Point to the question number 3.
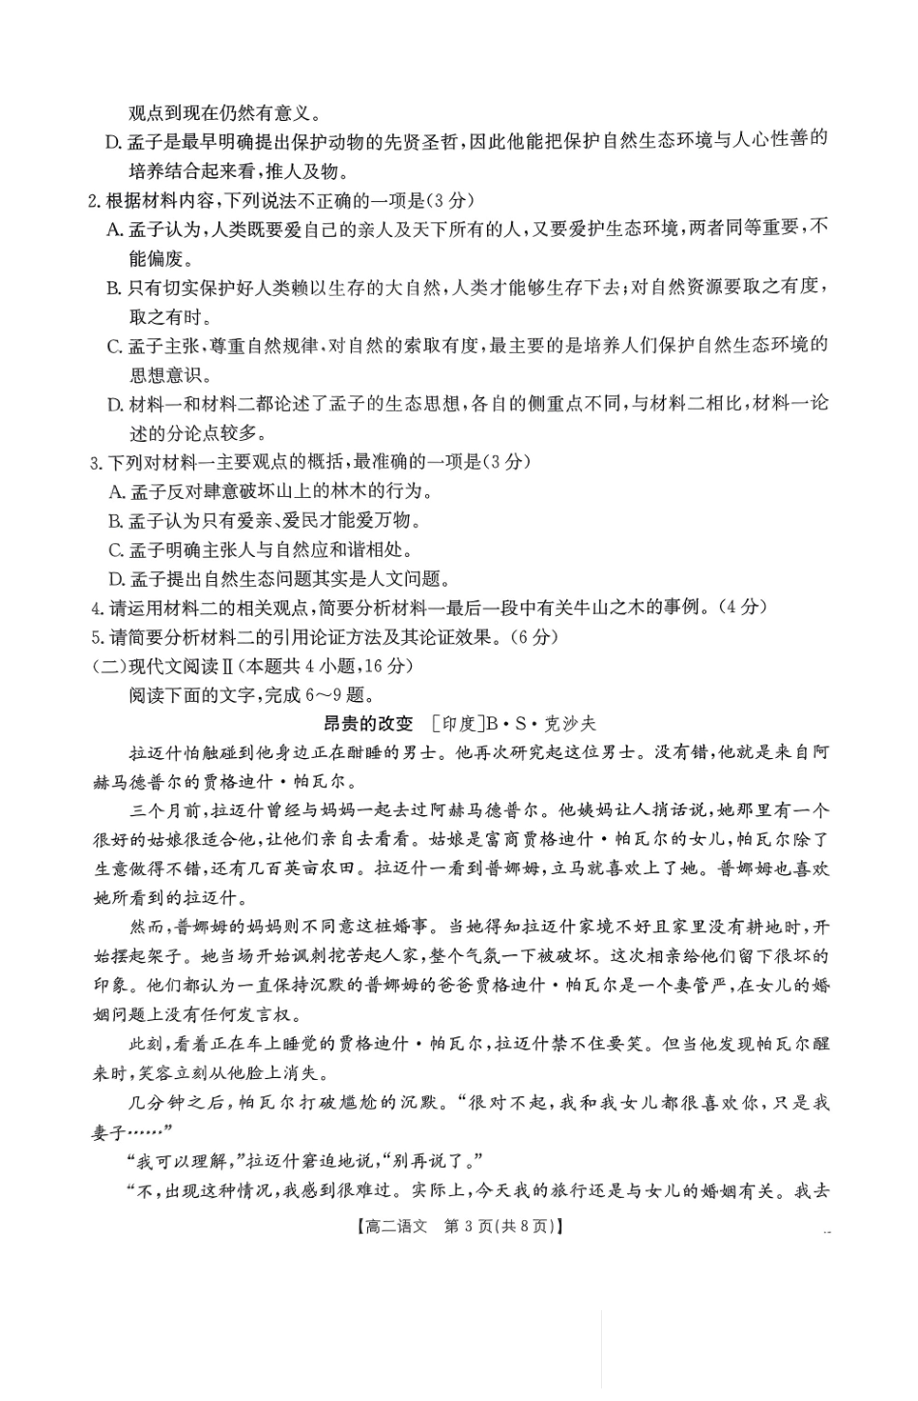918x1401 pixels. click(95, 463)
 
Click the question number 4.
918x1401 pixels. click(95, 608)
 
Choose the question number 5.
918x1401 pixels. click(95, 637)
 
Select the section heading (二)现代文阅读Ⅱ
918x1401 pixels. click(158, 666)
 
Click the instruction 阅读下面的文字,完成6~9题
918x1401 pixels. click(249, 694)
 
